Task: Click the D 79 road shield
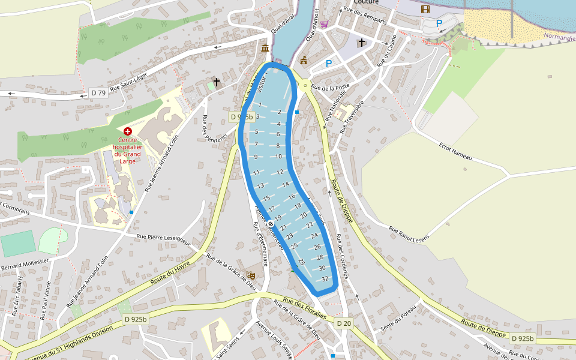[x=97, y=92]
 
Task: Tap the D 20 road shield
[x=343, y=323]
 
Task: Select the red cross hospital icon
[x=127, y=131]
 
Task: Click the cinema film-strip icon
[x=425, y=9]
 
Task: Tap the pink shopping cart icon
[x=324, y=24]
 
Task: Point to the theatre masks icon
[x=251, y=275]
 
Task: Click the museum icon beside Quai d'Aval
[x=265, y=48]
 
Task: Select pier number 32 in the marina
[x=325, y=279]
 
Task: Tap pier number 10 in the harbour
[x=278, y=156]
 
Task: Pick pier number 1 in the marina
[x=260, y=105]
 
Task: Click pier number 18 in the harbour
[x=298, y=206]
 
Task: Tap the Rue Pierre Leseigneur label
[x=163, y=240]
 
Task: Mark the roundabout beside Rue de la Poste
[x=305, y=86]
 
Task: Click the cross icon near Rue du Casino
[x=361, y=43]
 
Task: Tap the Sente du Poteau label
[x=398, y=320]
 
